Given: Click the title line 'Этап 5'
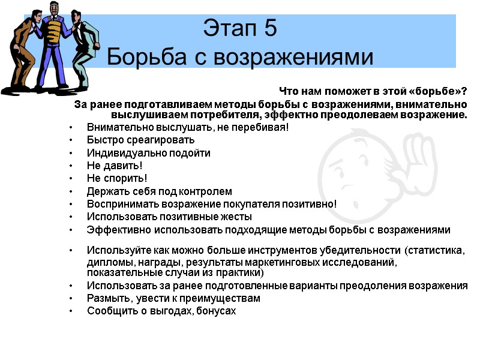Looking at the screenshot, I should [240, 28].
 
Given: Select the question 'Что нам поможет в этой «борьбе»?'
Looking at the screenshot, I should [373, 92].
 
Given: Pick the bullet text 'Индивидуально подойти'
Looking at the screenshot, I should [149, 152].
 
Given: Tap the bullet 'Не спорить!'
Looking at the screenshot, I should [116, 178].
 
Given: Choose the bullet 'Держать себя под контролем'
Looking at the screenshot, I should [159, 191].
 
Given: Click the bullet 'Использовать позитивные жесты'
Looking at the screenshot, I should [169, 217].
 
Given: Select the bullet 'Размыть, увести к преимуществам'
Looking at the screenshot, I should [173, 298].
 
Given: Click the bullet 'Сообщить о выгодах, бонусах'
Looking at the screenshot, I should [161, 311].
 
